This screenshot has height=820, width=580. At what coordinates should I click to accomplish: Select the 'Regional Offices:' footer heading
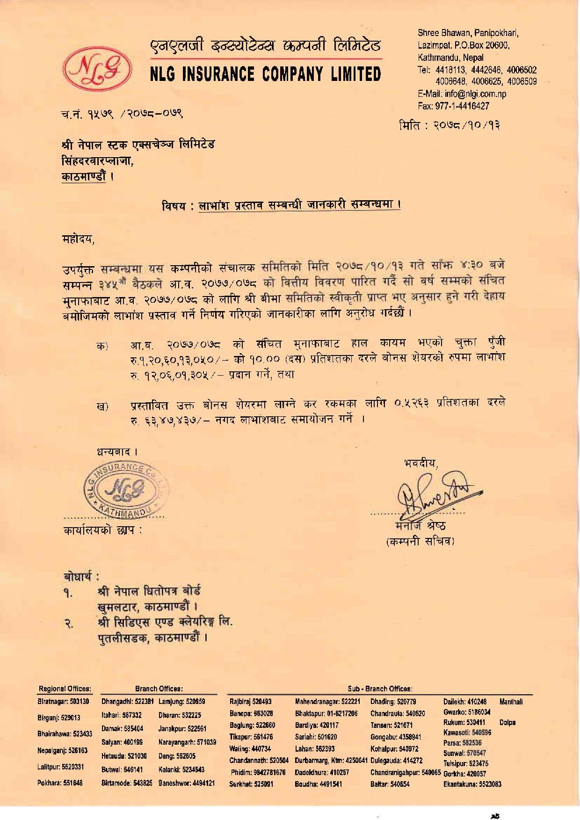[x=65, y=689]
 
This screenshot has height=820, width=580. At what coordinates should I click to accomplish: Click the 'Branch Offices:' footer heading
[x=159, y=689]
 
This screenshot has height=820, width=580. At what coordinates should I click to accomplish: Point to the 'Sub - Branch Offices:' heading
[x=379, y=689]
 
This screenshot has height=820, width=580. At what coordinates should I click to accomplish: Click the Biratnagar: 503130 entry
[x=63, y=702]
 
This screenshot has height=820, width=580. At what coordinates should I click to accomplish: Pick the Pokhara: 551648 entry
[x=60, y=783]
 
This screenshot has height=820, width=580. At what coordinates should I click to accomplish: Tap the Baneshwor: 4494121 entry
[x=187, y=783]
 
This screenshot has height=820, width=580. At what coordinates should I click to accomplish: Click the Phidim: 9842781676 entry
[x=258, y=772]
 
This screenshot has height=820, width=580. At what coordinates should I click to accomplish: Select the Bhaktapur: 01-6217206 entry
[x=326, y=713]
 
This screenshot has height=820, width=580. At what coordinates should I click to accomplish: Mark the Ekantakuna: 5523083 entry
[x=472, y=784]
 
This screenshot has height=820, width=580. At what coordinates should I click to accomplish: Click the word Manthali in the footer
[x=511, y=702]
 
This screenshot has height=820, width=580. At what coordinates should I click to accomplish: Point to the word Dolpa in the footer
[x=507, y=723]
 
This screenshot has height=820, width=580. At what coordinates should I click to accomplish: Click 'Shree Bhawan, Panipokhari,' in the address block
[x=468, y=33]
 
